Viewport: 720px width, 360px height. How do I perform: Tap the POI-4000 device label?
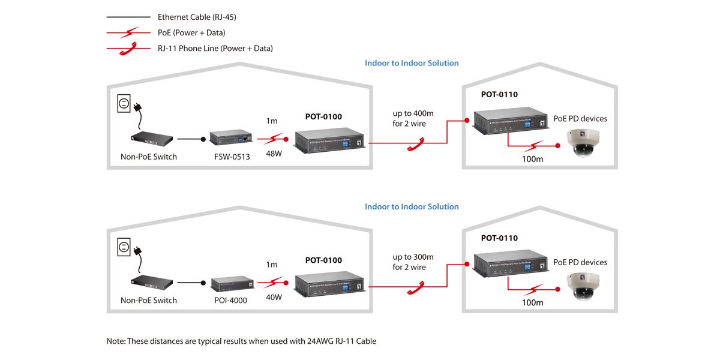point(230,300)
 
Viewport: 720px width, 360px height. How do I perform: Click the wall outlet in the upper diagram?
point(124,104)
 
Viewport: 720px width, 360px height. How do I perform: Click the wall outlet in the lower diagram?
point(124,247)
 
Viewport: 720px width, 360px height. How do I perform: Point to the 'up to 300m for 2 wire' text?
point(413,262)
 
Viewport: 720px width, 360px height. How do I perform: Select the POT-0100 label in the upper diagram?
point(323,116)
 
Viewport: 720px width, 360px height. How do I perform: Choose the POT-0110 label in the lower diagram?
point(499,238)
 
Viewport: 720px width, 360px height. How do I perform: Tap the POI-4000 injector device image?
point(231,283)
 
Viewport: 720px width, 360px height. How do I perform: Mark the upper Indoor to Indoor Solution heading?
point(412,63)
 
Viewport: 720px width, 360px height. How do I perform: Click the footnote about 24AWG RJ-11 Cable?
point(241,341)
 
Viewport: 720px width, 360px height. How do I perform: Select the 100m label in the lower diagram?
point(532,302)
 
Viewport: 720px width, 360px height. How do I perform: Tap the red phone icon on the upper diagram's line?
point(415,144)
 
